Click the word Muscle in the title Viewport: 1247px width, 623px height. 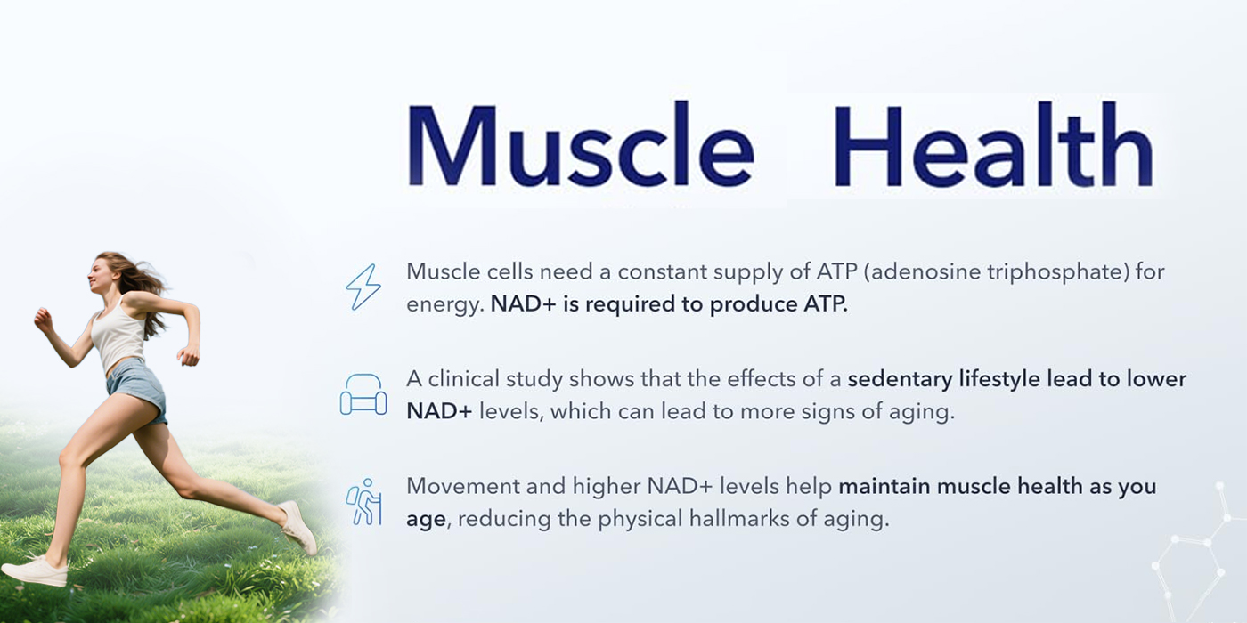(x=581, y=143)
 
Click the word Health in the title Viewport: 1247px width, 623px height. (x=993, y=143)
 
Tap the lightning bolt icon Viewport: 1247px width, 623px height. (x=363, y=287)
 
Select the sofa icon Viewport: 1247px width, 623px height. (x=363, y=394)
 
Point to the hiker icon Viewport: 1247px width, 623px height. (x=363, y=502)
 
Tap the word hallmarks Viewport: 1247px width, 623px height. (x=738, y=519)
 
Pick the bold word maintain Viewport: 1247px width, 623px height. (x=884, y=486)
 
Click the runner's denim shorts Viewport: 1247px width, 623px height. (x=137, y=390)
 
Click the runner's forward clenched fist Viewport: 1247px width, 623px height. (x=43, y=320)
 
